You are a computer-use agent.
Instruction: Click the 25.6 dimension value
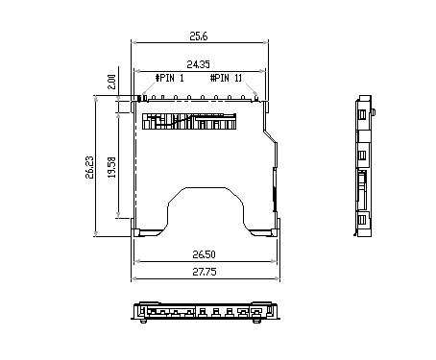pyautogui.click(x=199, y=36)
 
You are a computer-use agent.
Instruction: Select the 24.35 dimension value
pyautogui.click(x=198, y=64)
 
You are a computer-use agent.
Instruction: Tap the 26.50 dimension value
pyautogui.click(x=204, y=254)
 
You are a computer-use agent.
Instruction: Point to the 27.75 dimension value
pyautogui.click(x=205, y=272)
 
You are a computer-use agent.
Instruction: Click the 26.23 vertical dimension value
pyautogui.click(x=89, y=167)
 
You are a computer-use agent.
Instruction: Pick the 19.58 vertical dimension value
pyautogui.click(x=111, y=167)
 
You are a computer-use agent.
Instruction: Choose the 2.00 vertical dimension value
pyautogui.click(x=111, y=82)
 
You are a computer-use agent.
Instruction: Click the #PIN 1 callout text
pyautogui.click(x=170, y=78)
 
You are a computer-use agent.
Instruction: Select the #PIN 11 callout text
pyautogui.click(x=226, y=78)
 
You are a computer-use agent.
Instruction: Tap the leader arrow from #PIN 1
pyautogui.click(x=148, y=89)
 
